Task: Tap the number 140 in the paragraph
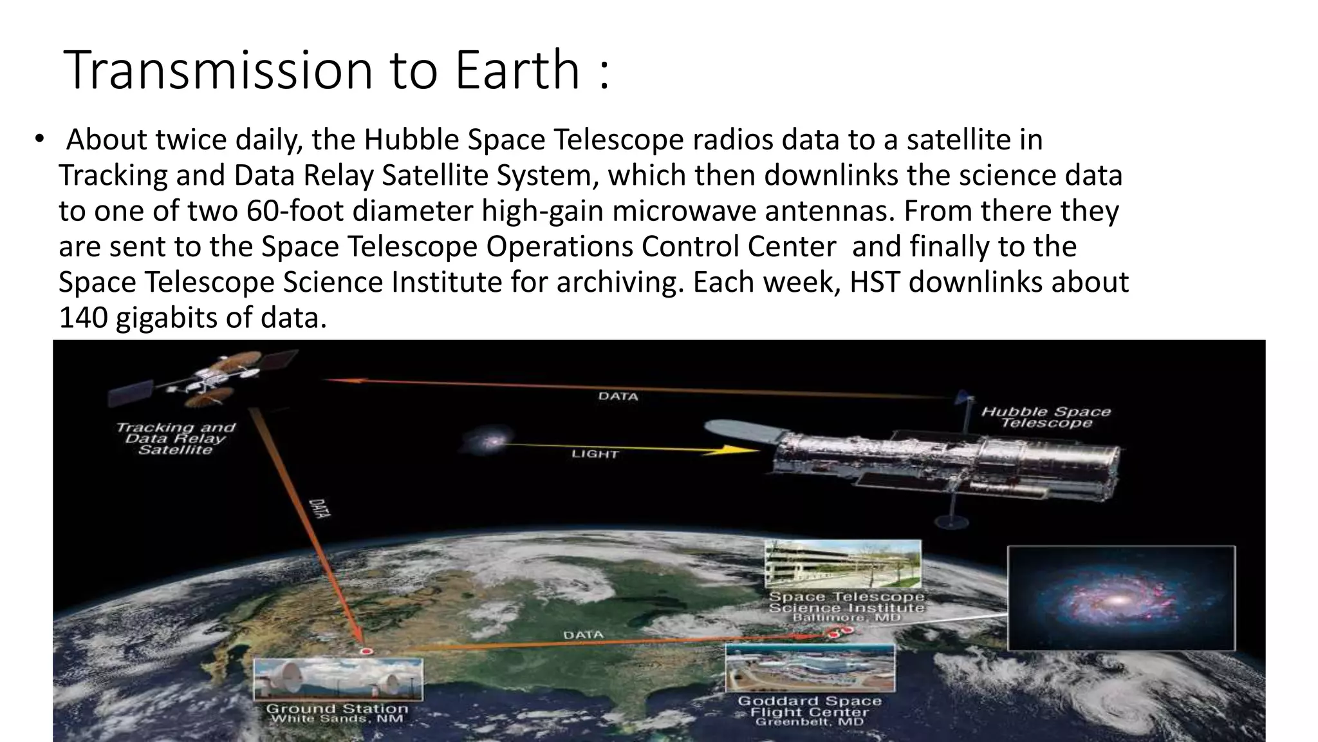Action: [x=83, y=318]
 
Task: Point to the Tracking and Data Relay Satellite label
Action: [x=176, y=438]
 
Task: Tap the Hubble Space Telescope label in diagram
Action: [x=1046, y=417]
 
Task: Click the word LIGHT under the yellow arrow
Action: [x=595, y=454]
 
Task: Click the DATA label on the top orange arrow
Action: [x=618, y=396]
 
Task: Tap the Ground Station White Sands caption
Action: [x=337, y=713]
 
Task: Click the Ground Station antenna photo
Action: [x=339, y=679]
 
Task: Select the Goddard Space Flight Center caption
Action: [x=809, y=710]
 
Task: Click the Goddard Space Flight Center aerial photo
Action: [x=810, y=668]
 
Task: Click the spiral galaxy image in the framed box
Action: [x=1120, y=598]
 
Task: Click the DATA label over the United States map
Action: [x=583, y=635]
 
